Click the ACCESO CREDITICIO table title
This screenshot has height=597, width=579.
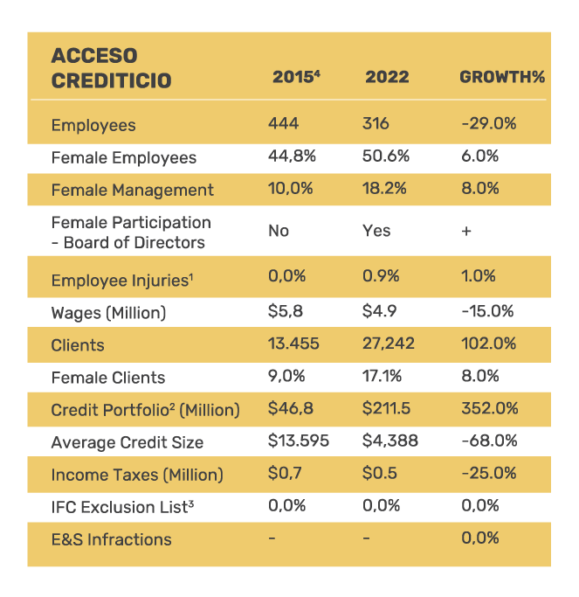(111, 68)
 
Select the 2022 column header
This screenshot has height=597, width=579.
(387, 77)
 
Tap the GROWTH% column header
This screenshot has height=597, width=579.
(501, 77)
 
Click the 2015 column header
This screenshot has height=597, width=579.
(295, 77)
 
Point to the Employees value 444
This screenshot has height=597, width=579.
(283, 124)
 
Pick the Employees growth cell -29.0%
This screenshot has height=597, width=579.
(488, 124)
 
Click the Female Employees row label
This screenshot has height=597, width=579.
(124, 157)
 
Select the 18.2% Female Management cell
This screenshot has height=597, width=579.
(383, 189)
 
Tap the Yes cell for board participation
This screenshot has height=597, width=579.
(376, 231)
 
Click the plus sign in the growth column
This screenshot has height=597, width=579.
(466, 231)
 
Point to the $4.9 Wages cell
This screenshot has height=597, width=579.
(380, 311)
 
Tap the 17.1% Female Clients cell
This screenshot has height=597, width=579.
(381, 376)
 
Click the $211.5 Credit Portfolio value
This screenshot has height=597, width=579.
(388, 409)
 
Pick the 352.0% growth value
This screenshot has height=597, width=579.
(489, 409)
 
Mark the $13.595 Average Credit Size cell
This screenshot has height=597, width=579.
(299, 441)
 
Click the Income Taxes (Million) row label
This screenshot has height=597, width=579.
(137, 475)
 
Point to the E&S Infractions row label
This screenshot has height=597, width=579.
(112, 539)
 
